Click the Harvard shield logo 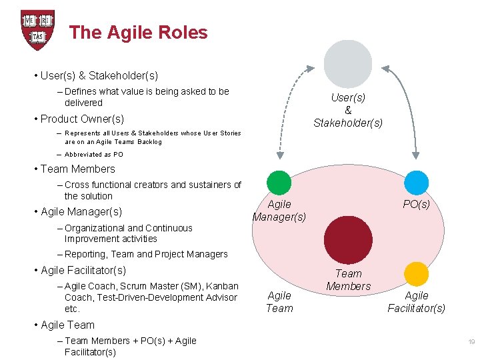point(37,30)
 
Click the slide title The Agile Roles point(138,33)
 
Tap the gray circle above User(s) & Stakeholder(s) point(347,64)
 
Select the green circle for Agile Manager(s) point(279,183)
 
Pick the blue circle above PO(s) point(417,183)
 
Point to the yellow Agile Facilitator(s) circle point(417,274)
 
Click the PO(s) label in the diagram point(417,205)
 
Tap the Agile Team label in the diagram point(279,302)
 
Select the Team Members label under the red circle point(348,280)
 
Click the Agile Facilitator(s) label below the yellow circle point(417,302)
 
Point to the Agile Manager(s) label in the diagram point(279,211)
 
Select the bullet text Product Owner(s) point(82,119)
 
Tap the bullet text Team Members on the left point(78,169)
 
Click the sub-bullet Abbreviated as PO point(94,155)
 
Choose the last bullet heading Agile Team point(67,325)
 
